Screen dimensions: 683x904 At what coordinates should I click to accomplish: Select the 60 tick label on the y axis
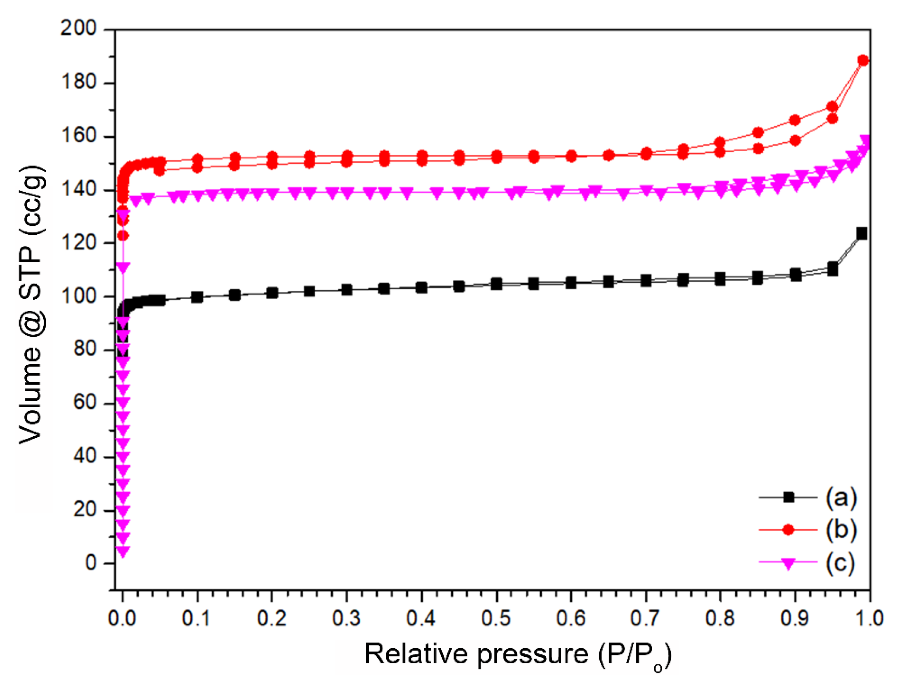(x=85, y=403)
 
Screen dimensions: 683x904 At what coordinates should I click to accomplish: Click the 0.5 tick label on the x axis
(x=496, y=618)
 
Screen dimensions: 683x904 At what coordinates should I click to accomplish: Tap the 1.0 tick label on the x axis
(x=869, y=618)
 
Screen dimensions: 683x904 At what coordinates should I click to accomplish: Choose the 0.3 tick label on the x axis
(x=346, y=618)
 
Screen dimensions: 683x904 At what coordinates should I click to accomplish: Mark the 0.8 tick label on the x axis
(x=720, y=618)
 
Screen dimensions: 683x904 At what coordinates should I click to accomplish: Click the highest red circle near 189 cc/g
(x=863, y=60)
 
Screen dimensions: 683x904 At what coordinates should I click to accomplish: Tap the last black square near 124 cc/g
(x=861, y=234)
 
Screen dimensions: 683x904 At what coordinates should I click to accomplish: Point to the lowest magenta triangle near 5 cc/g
(x=123, y=552)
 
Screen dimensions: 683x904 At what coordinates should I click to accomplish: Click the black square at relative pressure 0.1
(x=197, y=297)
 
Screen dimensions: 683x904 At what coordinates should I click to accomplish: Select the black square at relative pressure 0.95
(x=833, y=269)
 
